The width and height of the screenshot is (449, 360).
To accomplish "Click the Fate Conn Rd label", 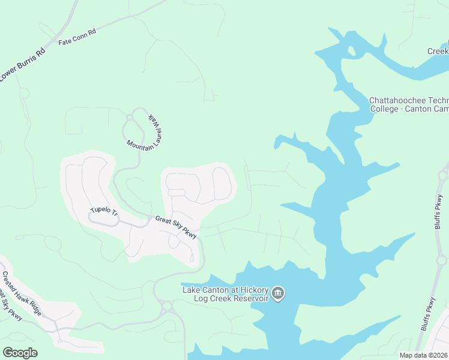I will [x=77, y=38].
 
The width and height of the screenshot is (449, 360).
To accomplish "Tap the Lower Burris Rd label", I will [x=22, y=65].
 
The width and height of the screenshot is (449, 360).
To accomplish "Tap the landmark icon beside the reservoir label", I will [x=278, y=293].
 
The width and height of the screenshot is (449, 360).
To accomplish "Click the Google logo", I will [x=20, y=353].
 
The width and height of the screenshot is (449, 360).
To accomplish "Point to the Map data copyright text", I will [x=423, y=355].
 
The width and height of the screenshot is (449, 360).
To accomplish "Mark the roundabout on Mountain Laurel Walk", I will [x=129, y=116].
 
